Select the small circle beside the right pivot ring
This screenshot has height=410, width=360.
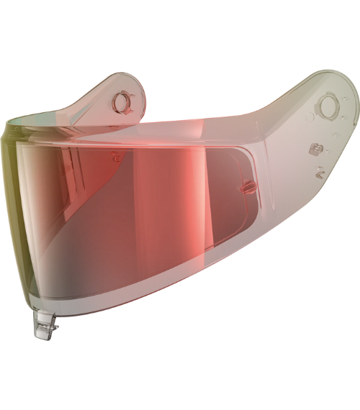pos(310,115)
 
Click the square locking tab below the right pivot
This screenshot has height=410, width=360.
pos(314,149)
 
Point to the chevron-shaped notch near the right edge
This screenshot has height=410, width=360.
pos(316,172)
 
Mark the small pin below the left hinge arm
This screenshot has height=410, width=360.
pos(115,154)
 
